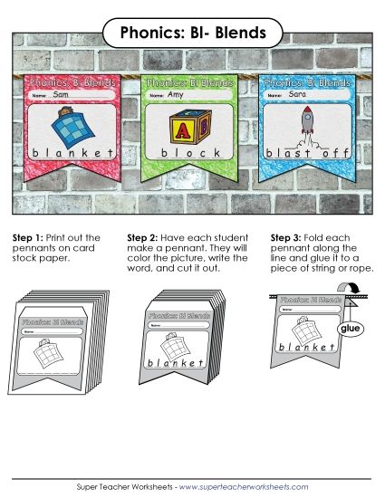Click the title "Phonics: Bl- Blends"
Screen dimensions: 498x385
pyautogui.click(x=192, y=34)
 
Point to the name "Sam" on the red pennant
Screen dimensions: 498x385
pyautogui.click(x=62, y=94)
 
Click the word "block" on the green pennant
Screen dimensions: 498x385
pyautogui.click(x=191, y=153)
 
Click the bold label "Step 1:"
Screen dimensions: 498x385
pyautogui.click(x=28, y=237)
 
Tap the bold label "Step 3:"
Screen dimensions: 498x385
pyautogui.click(x=287, y=237)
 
